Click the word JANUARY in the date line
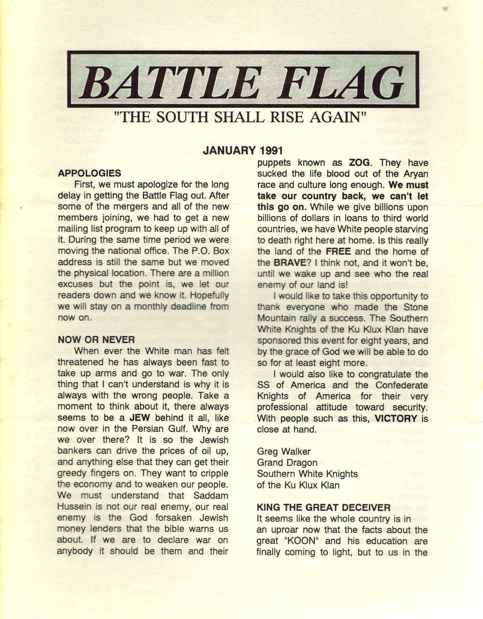click(x=229, y=150)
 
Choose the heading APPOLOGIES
click(x=90, y=173)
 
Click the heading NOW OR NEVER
click(x=96, y=340)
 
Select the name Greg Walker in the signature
click(x=284, y=451)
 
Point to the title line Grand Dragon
click(x=287, y=463)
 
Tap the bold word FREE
click(x=338, y=251)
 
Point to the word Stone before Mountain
click(x=416, y=307)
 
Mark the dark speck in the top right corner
click(x=446, y=9)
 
